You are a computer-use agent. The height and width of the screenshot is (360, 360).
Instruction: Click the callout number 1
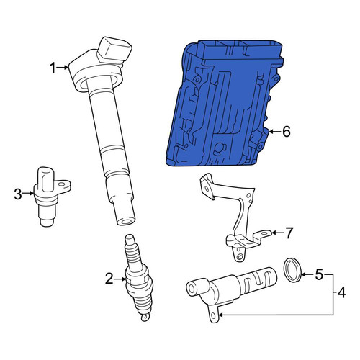[53, 68]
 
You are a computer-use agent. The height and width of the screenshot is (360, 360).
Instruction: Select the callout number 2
[109, 279]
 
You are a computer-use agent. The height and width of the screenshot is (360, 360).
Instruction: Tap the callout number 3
[18, 194]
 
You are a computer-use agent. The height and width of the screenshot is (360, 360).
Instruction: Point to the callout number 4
[342, 293]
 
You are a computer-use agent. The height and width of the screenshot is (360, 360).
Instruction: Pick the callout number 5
[319, 274]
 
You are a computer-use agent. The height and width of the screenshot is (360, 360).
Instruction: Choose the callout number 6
[287, 132]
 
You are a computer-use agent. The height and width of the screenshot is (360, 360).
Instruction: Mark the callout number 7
[289, 233]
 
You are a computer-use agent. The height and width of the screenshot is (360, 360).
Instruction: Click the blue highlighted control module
[225, 103]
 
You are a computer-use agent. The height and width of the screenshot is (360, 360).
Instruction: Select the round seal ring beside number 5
[292, 270]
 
